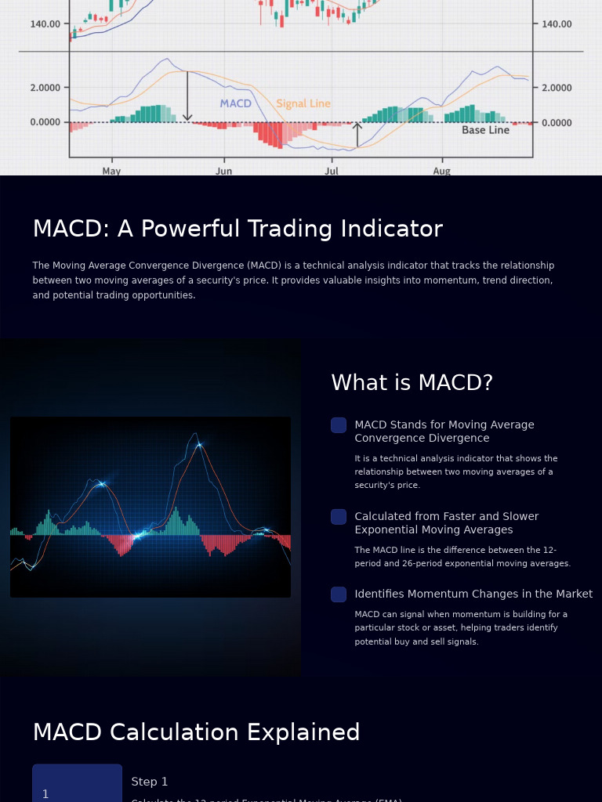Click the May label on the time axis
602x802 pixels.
click(111, 170)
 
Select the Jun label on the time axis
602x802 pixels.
click(224, 170)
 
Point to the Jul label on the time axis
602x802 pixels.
click(332, 170)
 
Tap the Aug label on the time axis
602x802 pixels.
click(442, 170)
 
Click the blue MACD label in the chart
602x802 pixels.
click(235, 103)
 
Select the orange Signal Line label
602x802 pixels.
click(303, 103)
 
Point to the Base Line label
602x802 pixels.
click(485, 130)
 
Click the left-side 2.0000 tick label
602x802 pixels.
click(45, 88)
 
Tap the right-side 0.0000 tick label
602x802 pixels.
click(557, 123)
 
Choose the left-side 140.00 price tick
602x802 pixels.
click(45, 24)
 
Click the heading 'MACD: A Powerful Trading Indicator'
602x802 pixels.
click(238, 229)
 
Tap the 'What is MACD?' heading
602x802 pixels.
click(412, 383)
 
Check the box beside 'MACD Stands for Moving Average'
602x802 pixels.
click(339, 425)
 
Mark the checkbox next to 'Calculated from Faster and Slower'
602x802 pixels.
click(339, 517)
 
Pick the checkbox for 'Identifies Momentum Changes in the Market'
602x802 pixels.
click(339, 594)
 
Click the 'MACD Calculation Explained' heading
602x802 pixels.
click(196, 732)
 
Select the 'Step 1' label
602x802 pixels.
click(150, 782)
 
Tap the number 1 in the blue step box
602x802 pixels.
click(45, 794)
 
